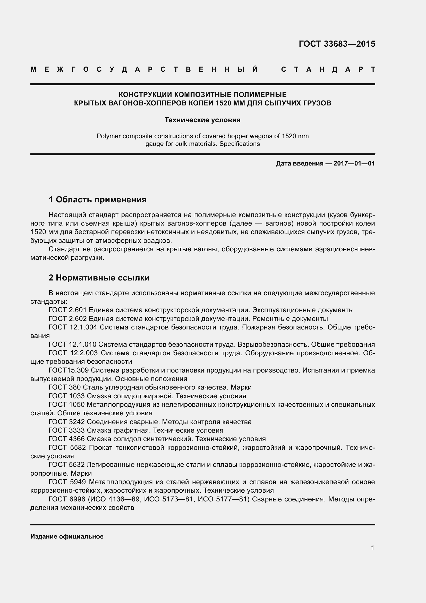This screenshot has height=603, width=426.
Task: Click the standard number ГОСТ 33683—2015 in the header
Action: click(337, 44)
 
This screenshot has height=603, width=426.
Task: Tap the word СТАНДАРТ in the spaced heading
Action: click(328, 70)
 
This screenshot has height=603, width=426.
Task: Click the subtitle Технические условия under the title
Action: click(202, 120)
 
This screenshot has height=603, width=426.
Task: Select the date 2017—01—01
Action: click(354, 164)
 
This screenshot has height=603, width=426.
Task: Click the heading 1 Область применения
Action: click(98, 200)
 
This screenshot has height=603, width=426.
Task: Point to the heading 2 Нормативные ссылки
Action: click(99, 278)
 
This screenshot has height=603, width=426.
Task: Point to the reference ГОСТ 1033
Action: click(67, 396)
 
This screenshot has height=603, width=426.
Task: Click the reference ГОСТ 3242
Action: click(67, 422)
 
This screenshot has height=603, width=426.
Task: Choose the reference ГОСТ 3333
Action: click(67, 431)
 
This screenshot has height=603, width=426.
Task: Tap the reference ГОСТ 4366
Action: click(67, 439)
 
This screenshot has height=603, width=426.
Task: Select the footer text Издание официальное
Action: click(67, 536)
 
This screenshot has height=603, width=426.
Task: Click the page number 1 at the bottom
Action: click(372, 548)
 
